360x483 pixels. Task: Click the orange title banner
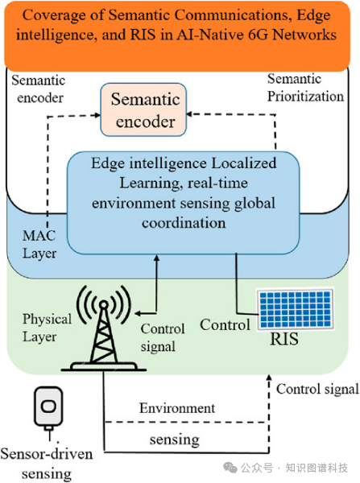[x=177, y=35]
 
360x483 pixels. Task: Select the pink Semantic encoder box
[x=143, y=109]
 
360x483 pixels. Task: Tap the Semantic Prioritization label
[x=305, y=88]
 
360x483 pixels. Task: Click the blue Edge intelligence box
[x=184, y=203]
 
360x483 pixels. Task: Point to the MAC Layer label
[x=39, y=245]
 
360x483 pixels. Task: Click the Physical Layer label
[x=47, y=328]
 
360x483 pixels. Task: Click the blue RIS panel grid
[x=295, y=309]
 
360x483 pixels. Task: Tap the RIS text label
[x=284, y=339]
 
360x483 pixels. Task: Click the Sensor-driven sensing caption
[x=47, y=464]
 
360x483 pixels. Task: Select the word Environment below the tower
[x=177, y=408]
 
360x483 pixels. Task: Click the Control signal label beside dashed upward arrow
[x=317, y=389]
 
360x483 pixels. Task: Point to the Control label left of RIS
[x=225, y=325]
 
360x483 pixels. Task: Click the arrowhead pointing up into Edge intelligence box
[x=156, y=258]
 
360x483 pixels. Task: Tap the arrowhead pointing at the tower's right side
[x=138, y=314]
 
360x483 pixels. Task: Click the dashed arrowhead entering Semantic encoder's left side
[x=97, y=115]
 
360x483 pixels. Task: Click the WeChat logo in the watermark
[x=230, y=468]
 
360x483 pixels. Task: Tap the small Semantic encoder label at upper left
[x=39, y=89]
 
